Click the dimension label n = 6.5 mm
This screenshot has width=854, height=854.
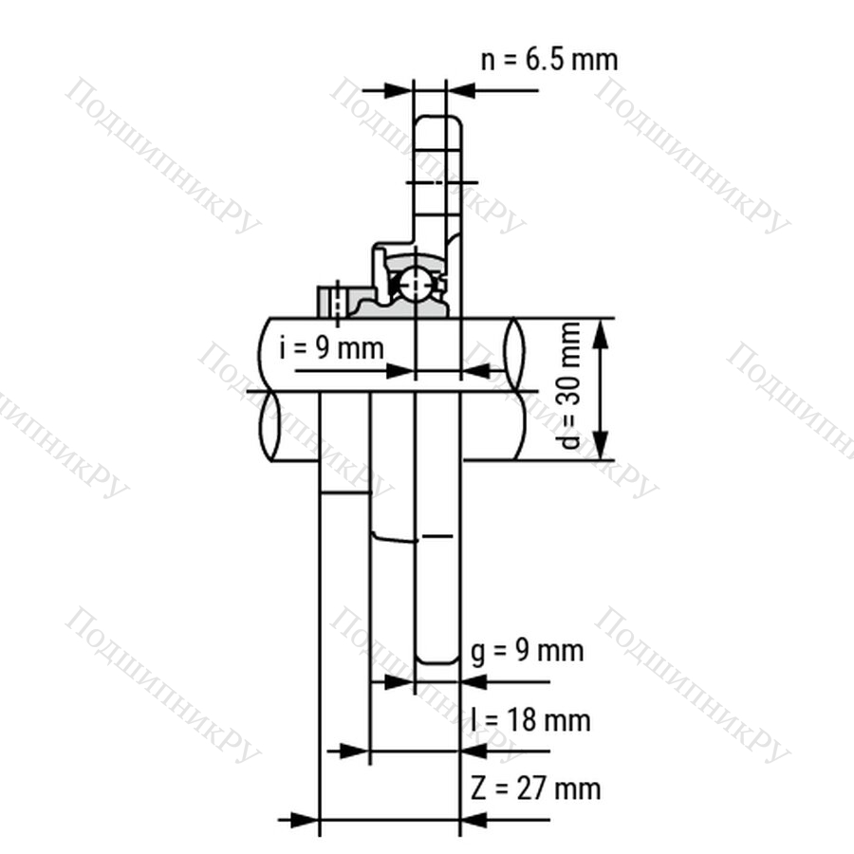click(x=549, y=59)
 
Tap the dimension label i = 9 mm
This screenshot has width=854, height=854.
click(x=331, y=347)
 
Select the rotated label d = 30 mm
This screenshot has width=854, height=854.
click(x=569, y=385)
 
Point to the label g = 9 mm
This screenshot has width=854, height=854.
click(x=528, y=651)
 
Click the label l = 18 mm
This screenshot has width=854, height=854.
click(x=530, y=720)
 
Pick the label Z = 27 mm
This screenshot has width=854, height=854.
click(x=536, y=789)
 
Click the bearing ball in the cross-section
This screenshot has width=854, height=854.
click(x=415, y=285)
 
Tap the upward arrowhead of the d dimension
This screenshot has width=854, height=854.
click(x=601, y=334)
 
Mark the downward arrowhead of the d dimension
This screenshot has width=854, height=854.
click(x=601, y=444)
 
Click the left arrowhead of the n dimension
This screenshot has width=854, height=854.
click(x=399, y=90)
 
